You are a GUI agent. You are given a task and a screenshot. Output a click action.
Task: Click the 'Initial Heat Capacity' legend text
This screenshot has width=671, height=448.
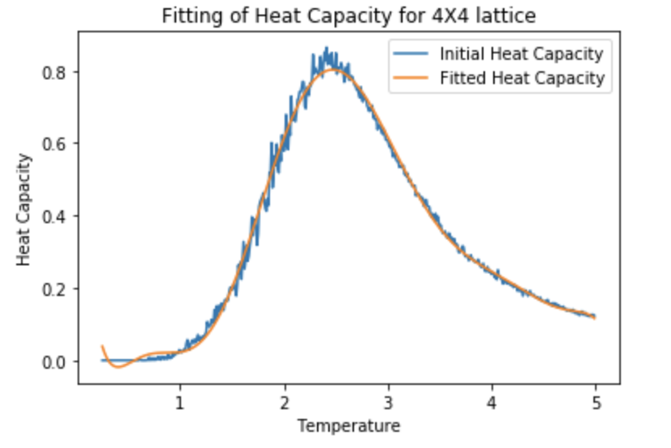point(521,55)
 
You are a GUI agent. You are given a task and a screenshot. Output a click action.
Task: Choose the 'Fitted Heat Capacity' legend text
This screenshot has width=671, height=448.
point(521,78)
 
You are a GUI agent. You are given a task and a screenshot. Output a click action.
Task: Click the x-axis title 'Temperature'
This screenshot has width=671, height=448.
point(348,425)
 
